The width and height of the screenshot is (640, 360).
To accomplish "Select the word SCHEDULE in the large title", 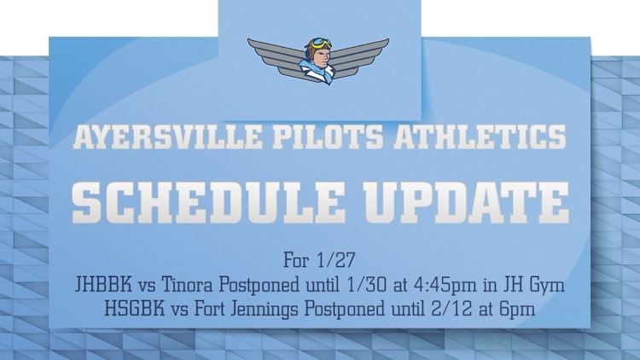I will tap(200, 201).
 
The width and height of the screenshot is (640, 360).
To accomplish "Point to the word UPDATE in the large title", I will tap(462, 201).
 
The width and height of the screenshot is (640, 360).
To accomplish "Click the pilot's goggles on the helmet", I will tap(320, 43).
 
